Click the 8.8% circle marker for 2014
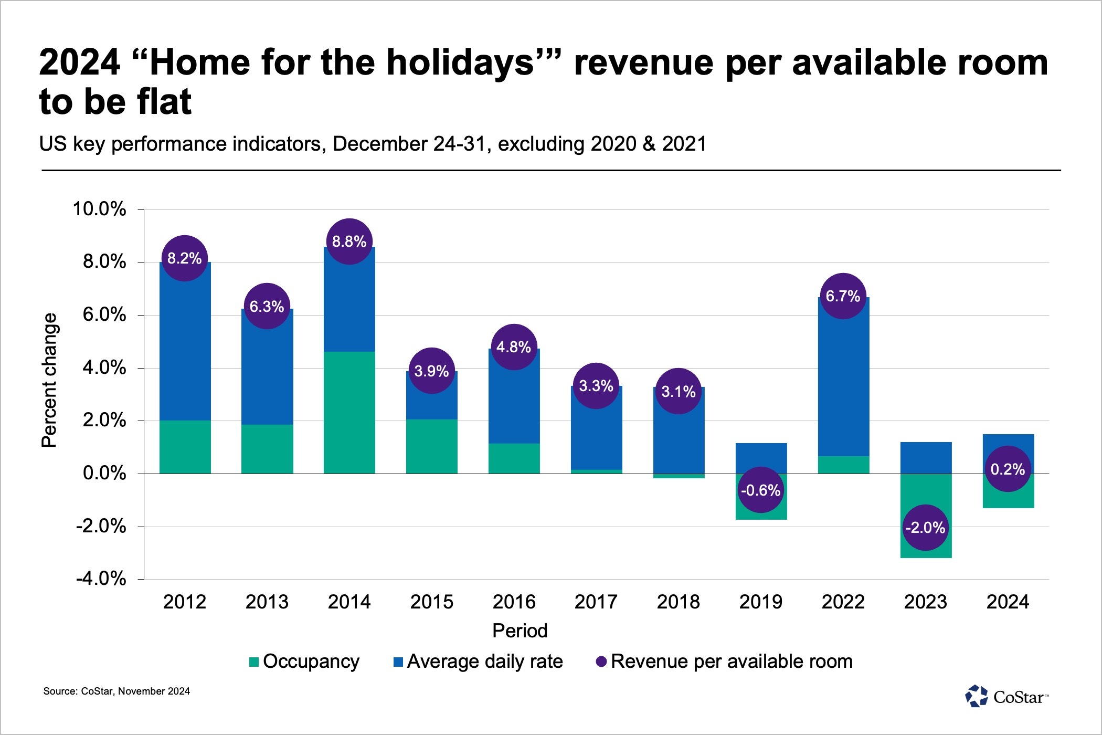349,241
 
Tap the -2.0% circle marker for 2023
925,527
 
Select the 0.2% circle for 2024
1008,469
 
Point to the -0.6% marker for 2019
760,490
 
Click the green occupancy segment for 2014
349,413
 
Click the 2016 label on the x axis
514,602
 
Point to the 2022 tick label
843,602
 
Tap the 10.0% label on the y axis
99,209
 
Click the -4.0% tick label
101,579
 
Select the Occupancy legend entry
305,661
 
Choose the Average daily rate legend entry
478,661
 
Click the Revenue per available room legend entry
725,661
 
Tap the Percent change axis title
49,380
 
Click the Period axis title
520,631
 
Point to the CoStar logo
1006,697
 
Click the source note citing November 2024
116,691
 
